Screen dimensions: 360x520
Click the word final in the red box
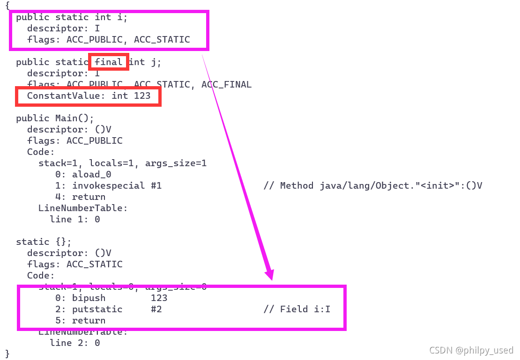pos(109,62)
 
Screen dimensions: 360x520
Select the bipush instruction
pos(89,298)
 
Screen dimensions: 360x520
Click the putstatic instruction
pos(97,309)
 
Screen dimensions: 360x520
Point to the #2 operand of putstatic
pos(156,309)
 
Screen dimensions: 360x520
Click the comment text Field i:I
pos(305,309)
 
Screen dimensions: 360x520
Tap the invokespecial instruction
pos(108,185)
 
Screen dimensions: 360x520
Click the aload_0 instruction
pos(91,174)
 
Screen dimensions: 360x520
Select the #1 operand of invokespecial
pos(156,185)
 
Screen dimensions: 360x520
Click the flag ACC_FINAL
pos(226,84)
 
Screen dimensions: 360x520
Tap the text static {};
pos(44,242)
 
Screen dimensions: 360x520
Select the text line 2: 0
pos(74,343)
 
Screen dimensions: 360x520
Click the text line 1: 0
pos(74,219)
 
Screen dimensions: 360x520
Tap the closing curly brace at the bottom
pos(7,353)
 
